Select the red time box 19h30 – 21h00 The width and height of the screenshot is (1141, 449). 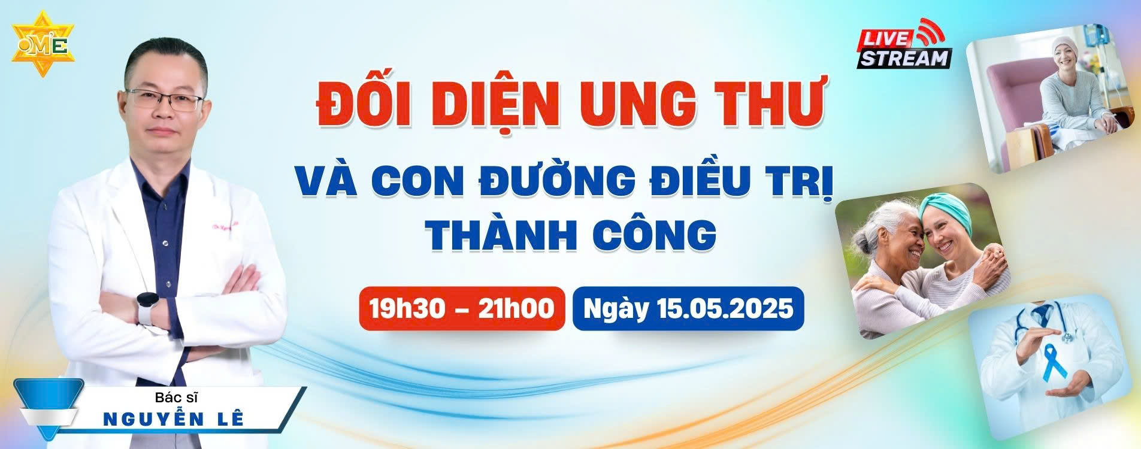462,309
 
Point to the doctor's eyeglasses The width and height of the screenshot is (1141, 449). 163,99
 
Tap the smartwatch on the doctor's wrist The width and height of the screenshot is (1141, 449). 146,307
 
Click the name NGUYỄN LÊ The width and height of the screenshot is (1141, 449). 174,418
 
